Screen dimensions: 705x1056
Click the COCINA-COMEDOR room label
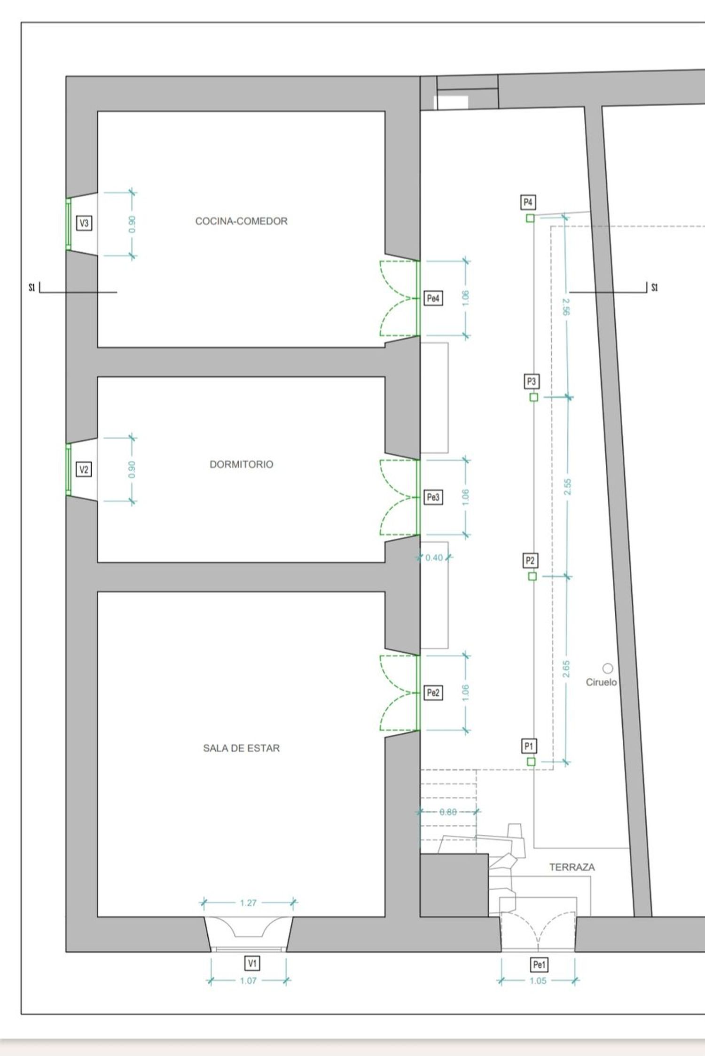click(x=241, y=221)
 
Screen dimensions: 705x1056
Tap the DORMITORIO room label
click(x=241, y=464)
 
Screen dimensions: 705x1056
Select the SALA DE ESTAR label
click(x=241, y=748)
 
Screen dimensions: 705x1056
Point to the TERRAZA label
click(x=572, y=867)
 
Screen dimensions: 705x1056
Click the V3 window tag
click(x=84, y=223)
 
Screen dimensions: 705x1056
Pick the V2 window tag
click(x=84, y=469)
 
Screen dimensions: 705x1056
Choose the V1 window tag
click(x=252, y=963)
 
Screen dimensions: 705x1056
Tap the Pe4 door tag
click(x=433, y=298)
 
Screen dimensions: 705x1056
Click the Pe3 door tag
click(x=433, y=497)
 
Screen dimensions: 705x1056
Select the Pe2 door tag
click(x=433, y=692)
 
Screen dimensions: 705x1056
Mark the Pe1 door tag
click(x=539, y=965)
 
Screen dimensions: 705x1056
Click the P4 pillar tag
click(x=528, y=202)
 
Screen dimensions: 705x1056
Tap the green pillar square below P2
click(x=533, y=576)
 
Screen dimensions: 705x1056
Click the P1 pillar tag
click(x=529, y=746)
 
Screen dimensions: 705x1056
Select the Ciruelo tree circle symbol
click(x=608, y=668)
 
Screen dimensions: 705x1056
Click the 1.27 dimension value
click(x=248, y=903)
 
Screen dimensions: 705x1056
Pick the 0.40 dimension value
click(x=434, y=558)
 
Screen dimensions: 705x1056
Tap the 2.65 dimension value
click(x=566, y=669)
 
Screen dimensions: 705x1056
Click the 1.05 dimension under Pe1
click(x=538, y=981)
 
